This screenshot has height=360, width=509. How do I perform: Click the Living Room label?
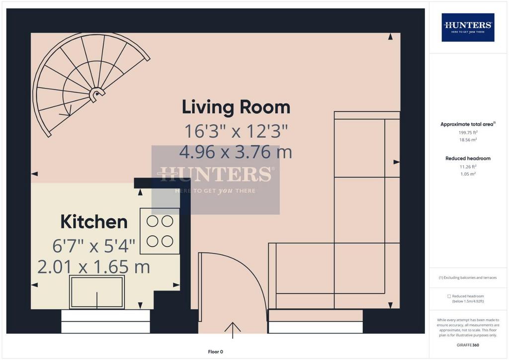(x=236, y=107)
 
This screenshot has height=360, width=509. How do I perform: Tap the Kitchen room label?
(x=94, y=222)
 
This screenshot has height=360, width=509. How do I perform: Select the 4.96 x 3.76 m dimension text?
(x=236, y=152)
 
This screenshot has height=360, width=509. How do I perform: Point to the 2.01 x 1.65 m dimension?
(x=94, y=267)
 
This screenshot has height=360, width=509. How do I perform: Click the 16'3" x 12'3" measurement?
(x=236, y=131)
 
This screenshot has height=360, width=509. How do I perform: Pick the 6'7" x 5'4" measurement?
(x=94, y=246)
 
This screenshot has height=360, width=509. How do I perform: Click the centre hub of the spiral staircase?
(x=96, y=94)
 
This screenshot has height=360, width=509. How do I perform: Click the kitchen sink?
(x=97, y=292)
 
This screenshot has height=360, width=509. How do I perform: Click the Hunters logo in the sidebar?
(x=468, y=27)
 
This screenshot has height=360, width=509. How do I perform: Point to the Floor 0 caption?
(x=216, y=352)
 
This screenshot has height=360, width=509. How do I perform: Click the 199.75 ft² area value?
(x=468, y=132)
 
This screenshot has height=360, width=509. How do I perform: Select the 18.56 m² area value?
(x=468, y=140)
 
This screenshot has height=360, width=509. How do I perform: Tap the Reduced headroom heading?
(x=468, y=159)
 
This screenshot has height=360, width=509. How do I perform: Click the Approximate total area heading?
(x=468, y=124)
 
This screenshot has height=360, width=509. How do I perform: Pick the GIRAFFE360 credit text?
(x=468, y=345)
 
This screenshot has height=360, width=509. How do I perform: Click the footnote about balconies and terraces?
(x=468, y=277)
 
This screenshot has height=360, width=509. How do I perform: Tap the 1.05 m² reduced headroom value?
(x=468, y=174)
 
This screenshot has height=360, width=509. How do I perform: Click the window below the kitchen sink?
(x=105, y=321)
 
